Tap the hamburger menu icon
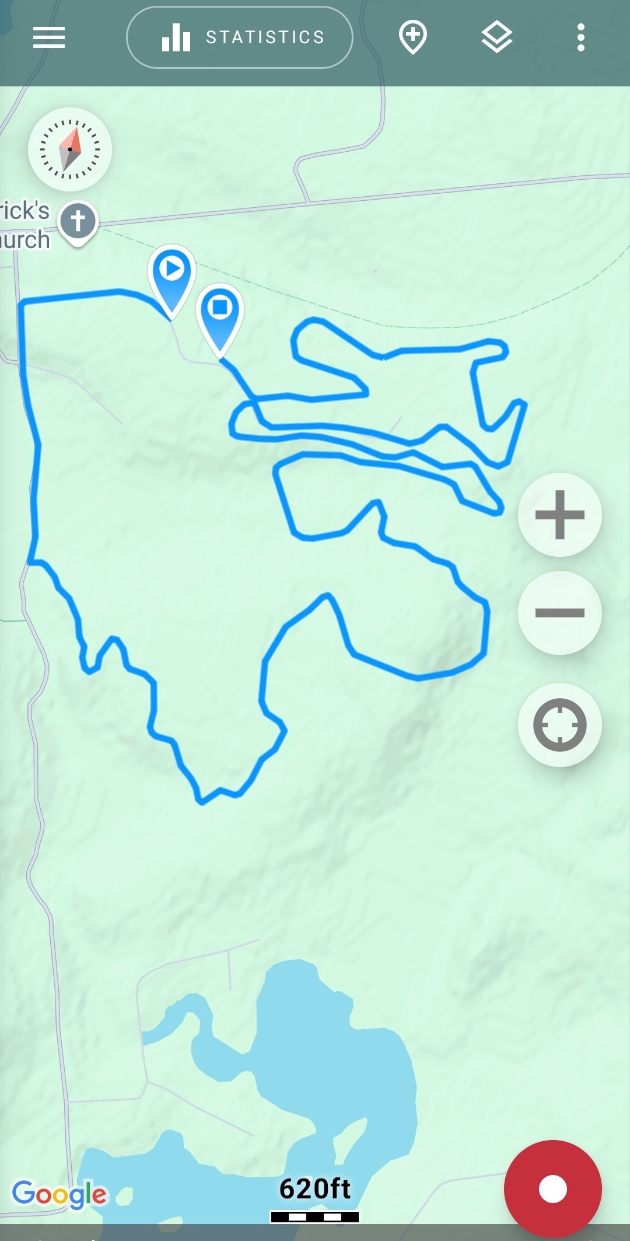49,38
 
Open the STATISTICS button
239,38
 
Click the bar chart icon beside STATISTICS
176,39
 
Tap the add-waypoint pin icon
413,37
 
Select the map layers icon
497,37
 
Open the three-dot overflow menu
580,38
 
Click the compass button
70,149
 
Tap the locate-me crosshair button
559,724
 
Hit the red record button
552,1188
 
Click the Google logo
60,1194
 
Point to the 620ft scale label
315,1189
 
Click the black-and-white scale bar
315,1216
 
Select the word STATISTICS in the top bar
265,38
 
